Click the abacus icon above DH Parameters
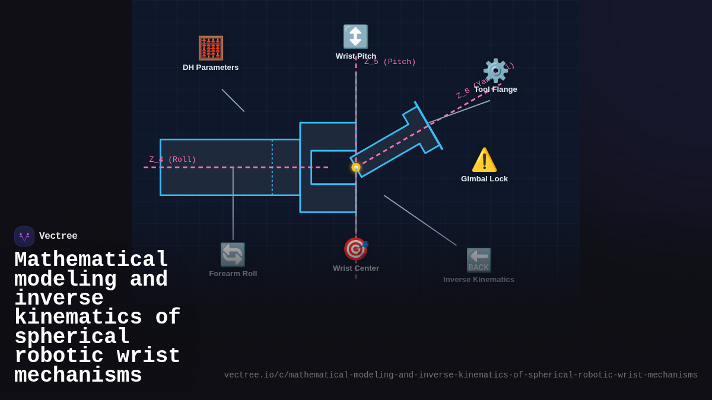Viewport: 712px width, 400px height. click(x=211, y=48)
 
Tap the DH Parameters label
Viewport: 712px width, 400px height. click(x=211, y=68)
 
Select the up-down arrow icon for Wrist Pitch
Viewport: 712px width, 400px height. click(x=355, y=37)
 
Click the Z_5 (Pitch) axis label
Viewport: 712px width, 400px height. click(x=390, y=62)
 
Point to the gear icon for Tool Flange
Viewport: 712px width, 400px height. click(x=495, y=71)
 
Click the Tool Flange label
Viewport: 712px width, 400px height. click(x=495, y=89)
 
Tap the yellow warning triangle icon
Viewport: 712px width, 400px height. click(x=484, y=160)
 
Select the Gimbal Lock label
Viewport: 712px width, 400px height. click(x=484, y=179)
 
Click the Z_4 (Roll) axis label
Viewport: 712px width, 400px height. click(x=173, y=159)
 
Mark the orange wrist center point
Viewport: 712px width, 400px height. click(x=356, y=168)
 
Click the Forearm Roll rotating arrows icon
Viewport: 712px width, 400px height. click(x=233, y=255)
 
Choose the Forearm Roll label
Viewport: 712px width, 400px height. click(x=233, y=274)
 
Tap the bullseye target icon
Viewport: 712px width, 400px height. click(x=356, y=249)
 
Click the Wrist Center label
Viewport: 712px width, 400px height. click(x=356, y=268)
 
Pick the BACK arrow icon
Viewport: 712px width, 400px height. click(x=479, y=260)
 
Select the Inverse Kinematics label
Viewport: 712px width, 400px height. click(x=479, y=280)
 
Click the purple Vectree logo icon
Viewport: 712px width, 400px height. click(x=24, y=236)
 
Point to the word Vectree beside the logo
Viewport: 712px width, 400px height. click(x=58, y=236)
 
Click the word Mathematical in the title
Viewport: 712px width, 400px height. click(x=91, y=260)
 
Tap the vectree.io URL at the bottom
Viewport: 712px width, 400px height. click(x=460, y=375)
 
